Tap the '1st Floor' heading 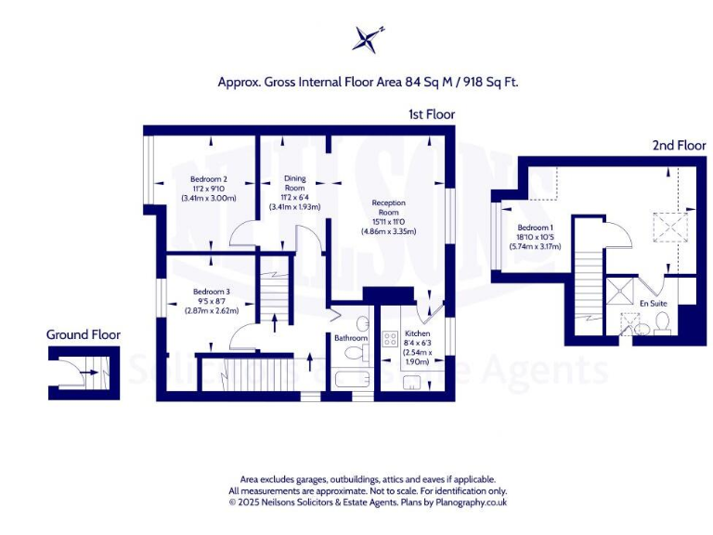coord(431,114)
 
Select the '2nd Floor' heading coord(680,146)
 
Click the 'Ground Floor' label coord(84,334)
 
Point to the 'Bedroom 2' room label coord(209,179)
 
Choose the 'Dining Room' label coord(294,183)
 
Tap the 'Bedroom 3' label coord(212,292)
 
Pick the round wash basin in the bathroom coord(362,324)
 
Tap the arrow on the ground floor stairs coord(88,372)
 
